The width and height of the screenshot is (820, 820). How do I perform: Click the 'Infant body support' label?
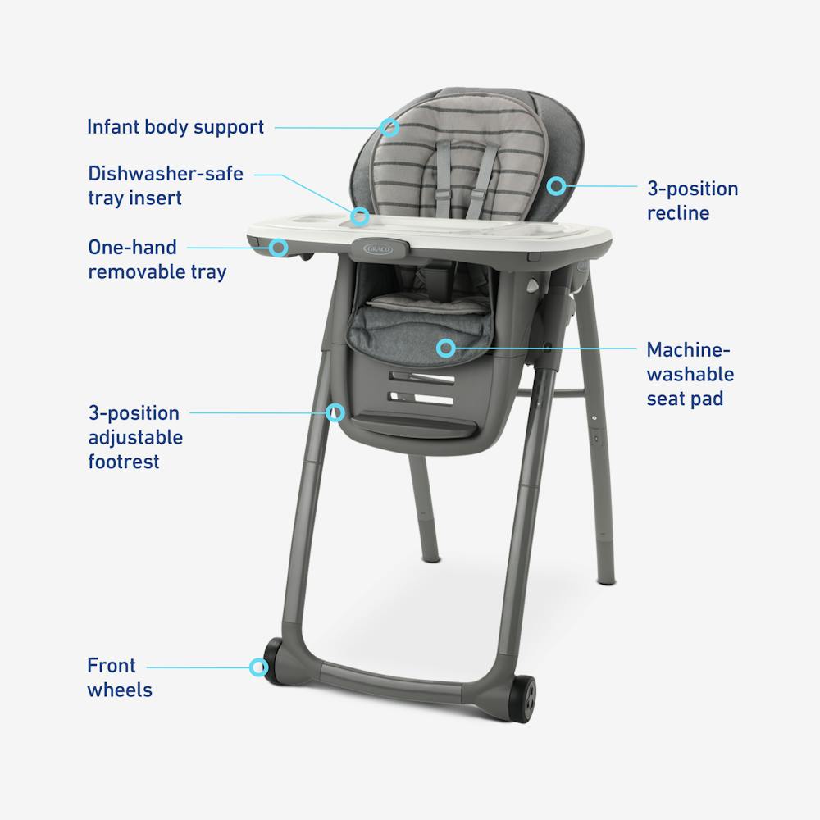[175, 127]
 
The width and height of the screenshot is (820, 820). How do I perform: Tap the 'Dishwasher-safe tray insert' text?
[166, 186]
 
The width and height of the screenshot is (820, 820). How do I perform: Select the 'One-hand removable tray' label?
[157, 259]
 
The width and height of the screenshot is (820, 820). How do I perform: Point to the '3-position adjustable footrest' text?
[135, 437]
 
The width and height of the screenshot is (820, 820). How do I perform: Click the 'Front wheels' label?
[120, 677]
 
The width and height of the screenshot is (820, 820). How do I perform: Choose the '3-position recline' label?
[692, 201]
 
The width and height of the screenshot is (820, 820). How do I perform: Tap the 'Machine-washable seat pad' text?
[690, 375]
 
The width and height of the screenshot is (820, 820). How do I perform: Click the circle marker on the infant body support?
[390, 127]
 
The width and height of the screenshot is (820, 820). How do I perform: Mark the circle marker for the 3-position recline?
[557, 186]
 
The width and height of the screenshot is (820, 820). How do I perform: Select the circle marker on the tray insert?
[359, 216]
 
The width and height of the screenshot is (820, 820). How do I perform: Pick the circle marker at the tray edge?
[279, 246]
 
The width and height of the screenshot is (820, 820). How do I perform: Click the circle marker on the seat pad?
[445, 348]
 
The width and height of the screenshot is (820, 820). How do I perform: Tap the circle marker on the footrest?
[335, 412]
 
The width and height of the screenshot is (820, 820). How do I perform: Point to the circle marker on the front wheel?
[259, 667]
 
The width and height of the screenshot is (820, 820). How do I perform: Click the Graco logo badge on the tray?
[374, 246]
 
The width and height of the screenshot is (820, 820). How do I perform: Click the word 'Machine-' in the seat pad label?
[688, 350]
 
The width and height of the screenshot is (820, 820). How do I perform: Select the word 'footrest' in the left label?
[124, 462]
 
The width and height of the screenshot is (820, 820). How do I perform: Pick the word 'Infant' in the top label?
[112, 127]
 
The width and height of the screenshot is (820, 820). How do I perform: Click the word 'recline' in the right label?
[678, 213]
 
